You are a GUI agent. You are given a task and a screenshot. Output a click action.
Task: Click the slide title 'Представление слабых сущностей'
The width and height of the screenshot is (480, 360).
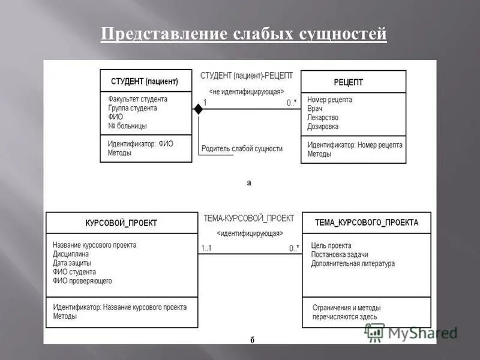(x=244, y=34)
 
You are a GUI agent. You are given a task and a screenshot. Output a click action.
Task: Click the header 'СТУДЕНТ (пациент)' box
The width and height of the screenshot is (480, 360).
(x=145, y=82)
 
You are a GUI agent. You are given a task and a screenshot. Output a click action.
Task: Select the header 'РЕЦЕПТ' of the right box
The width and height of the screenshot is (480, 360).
(x=348, y=82)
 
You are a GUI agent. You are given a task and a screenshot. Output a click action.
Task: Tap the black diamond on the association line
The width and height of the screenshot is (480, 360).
(x=197, y=109)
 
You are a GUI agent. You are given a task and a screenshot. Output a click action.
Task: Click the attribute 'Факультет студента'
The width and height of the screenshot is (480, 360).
(x=137, y=99)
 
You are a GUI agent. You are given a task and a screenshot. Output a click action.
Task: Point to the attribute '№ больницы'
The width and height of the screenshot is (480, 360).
(x=127, y=126)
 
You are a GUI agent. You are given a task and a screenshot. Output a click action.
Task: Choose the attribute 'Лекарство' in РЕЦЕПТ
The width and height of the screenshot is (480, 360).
(x=323, y=118)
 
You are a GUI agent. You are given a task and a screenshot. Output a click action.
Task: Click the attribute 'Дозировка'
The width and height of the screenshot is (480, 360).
(x=323, y=127)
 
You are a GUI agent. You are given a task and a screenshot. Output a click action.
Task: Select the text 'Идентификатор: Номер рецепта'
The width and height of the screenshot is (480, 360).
(x=355, y=145)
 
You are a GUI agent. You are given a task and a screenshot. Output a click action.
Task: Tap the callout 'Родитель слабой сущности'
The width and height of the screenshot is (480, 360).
(x=242, y=148)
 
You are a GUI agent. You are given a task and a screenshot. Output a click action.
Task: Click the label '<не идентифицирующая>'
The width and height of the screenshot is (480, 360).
(x=246, y=92)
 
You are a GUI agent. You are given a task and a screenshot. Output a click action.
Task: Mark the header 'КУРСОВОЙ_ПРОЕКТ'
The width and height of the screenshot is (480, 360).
(x=121, y=223)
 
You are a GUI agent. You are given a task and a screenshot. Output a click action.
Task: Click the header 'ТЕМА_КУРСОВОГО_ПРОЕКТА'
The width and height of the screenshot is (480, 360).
(x=367, y=222)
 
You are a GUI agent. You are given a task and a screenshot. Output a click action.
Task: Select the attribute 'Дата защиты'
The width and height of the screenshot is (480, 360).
(x=72, y=263)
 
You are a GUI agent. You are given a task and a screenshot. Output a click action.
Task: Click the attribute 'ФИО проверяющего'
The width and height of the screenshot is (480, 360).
(x=82, y=281)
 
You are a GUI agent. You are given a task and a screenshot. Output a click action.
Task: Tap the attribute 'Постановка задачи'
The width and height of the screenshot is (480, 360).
(x=340, y=254)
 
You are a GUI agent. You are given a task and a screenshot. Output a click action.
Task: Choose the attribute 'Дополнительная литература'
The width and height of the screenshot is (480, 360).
(x=353, y=263)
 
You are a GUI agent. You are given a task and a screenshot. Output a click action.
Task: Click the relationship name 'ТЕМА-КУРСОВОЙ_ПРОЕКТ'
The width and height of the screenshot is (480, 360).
(x=249, y=218)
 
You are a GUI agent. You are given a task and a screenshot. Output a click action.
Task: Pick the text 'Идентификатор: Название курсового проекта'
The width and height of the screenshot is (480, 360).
(x=119, y=307)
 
